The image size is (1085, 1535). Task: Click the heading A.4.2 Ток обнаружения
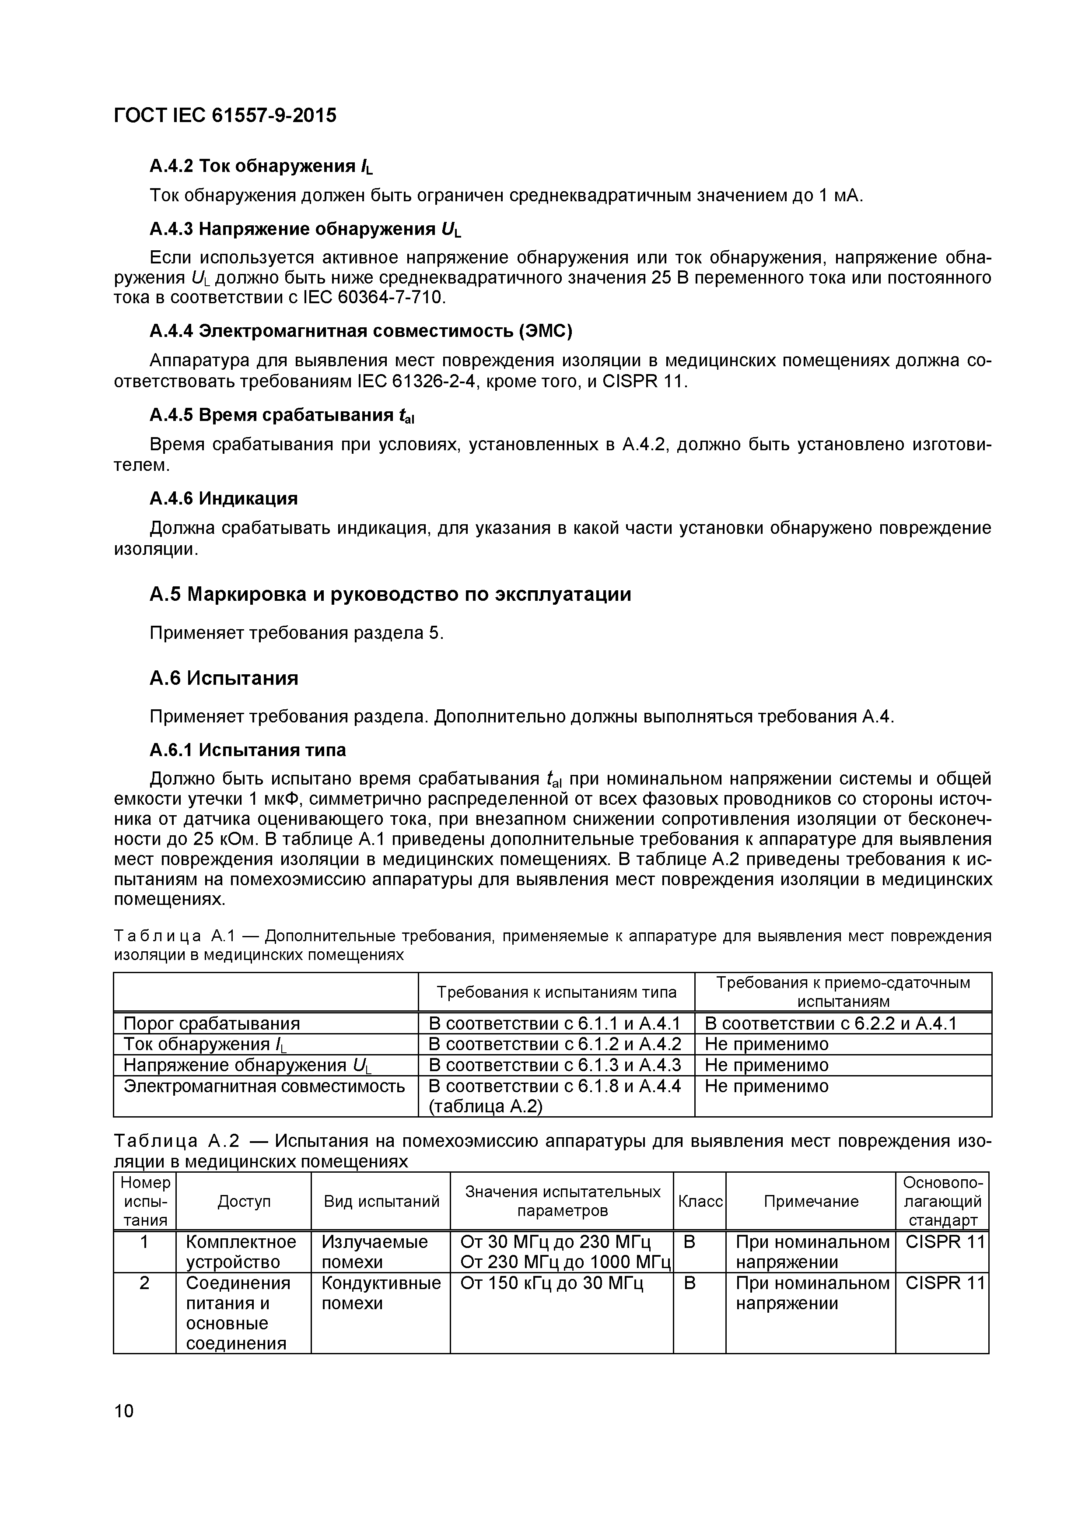(x=261, y=166)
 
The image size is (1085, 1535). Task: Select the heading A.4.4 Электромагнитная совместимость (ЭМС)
(x=361, y=331)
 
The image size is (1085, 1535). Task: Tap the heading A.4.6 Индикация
(x=223, y=499)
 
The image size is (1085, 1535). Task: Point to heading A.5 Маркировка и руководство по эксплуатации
(x=390, y=594)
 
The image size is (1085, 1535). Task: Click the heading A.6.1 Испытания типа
(x=247, y=750)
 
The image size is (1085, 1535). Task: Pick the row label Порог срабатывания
(x=212, y=1023)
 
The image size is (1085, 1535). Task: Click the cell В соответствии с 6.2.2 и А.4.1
(x=830, y=1023)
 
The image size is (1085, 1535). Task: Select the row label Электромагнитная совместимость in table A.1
(x=264, y=1086)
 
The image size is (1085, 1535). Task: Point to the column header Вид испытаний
(x=381, y=1202)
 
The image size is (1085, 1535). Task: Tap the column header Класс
(x=700, y=1202)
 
